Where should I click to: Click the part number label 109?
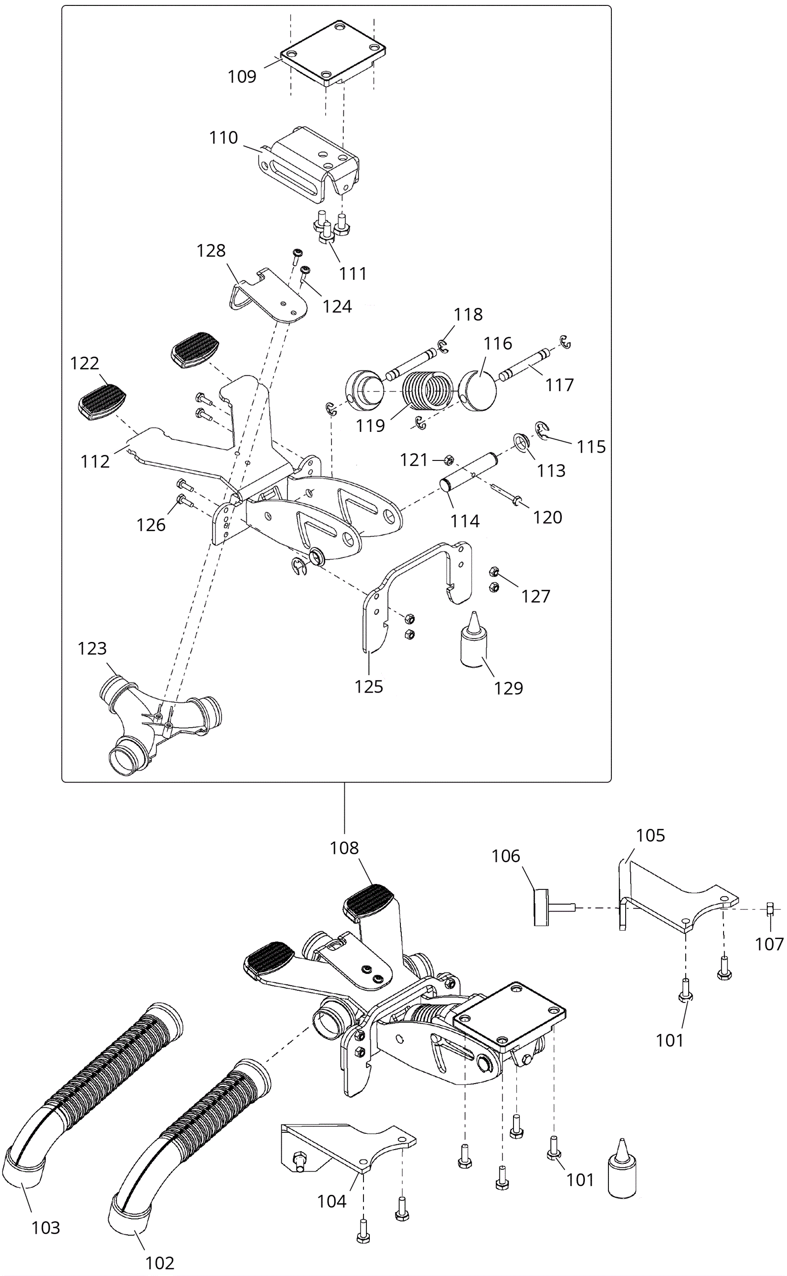tap(242, 77)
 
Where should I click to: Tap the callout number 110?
tap(223, 137)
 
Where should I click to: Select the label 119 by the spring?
tap(370, 425)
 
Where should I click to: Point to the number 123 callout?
tap(92, 648)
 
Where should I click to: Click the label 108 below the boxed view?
tap(344, 848)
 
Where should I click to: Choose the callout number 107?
tap(769, 943)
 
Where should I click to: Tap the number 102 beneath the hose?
tap(160, 1263)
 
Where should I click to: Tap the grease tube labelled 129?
tap(473, 639)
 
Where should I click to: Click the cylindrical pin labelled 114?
tap(469, 471)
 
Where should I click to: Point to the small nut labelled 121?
tap(449, 460)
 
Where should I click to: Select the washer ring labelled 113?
tap(521, 441)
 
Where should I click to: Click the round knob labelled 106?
tap(553, 908)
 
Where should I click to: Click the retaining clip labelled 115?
tap(543, 431)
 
